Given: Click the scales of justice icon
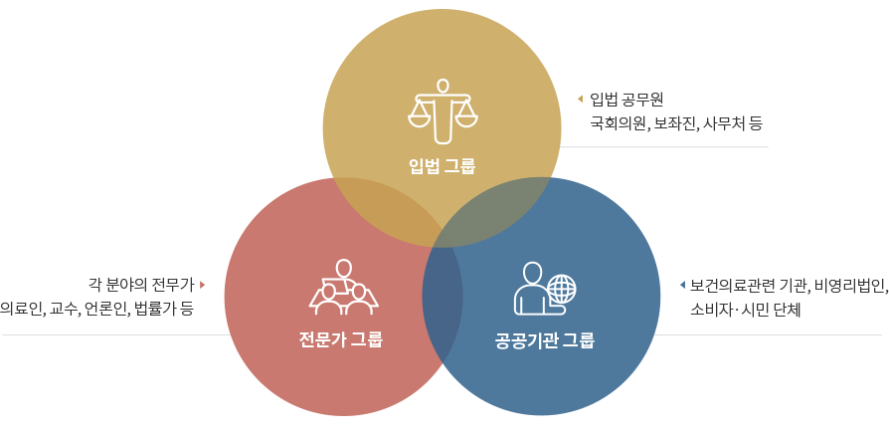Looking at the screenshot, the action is click(x=443, y=111).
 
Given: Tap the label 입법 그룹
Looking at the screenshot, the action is click(x=443, y=166).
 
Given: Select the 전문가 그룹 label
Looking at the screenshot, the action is click(x=341, y=339).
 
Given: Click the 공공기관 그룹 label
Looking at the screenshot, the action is click(x=544, y=341).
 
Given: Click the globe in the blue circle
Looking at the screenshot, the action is click(x=561, y=289).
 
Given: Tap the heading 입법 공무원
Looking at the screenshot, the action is click(x=626, y=100).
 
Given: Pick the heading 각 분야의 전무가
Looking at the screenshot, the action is click(x=141, y=285).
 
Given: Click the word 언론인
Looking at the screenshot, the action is click(x=105, y=310).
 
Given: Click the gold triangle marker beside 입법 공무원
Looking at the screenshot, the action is click(x=580, y=100).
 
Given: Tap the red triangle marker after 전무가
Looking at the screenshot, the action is click(x=202, y=285).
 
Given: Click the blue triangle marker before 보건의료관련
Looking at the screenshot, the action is click(x=682, y=285).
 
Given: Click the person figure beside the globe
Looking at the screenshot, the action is click(x=531, y=289).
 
